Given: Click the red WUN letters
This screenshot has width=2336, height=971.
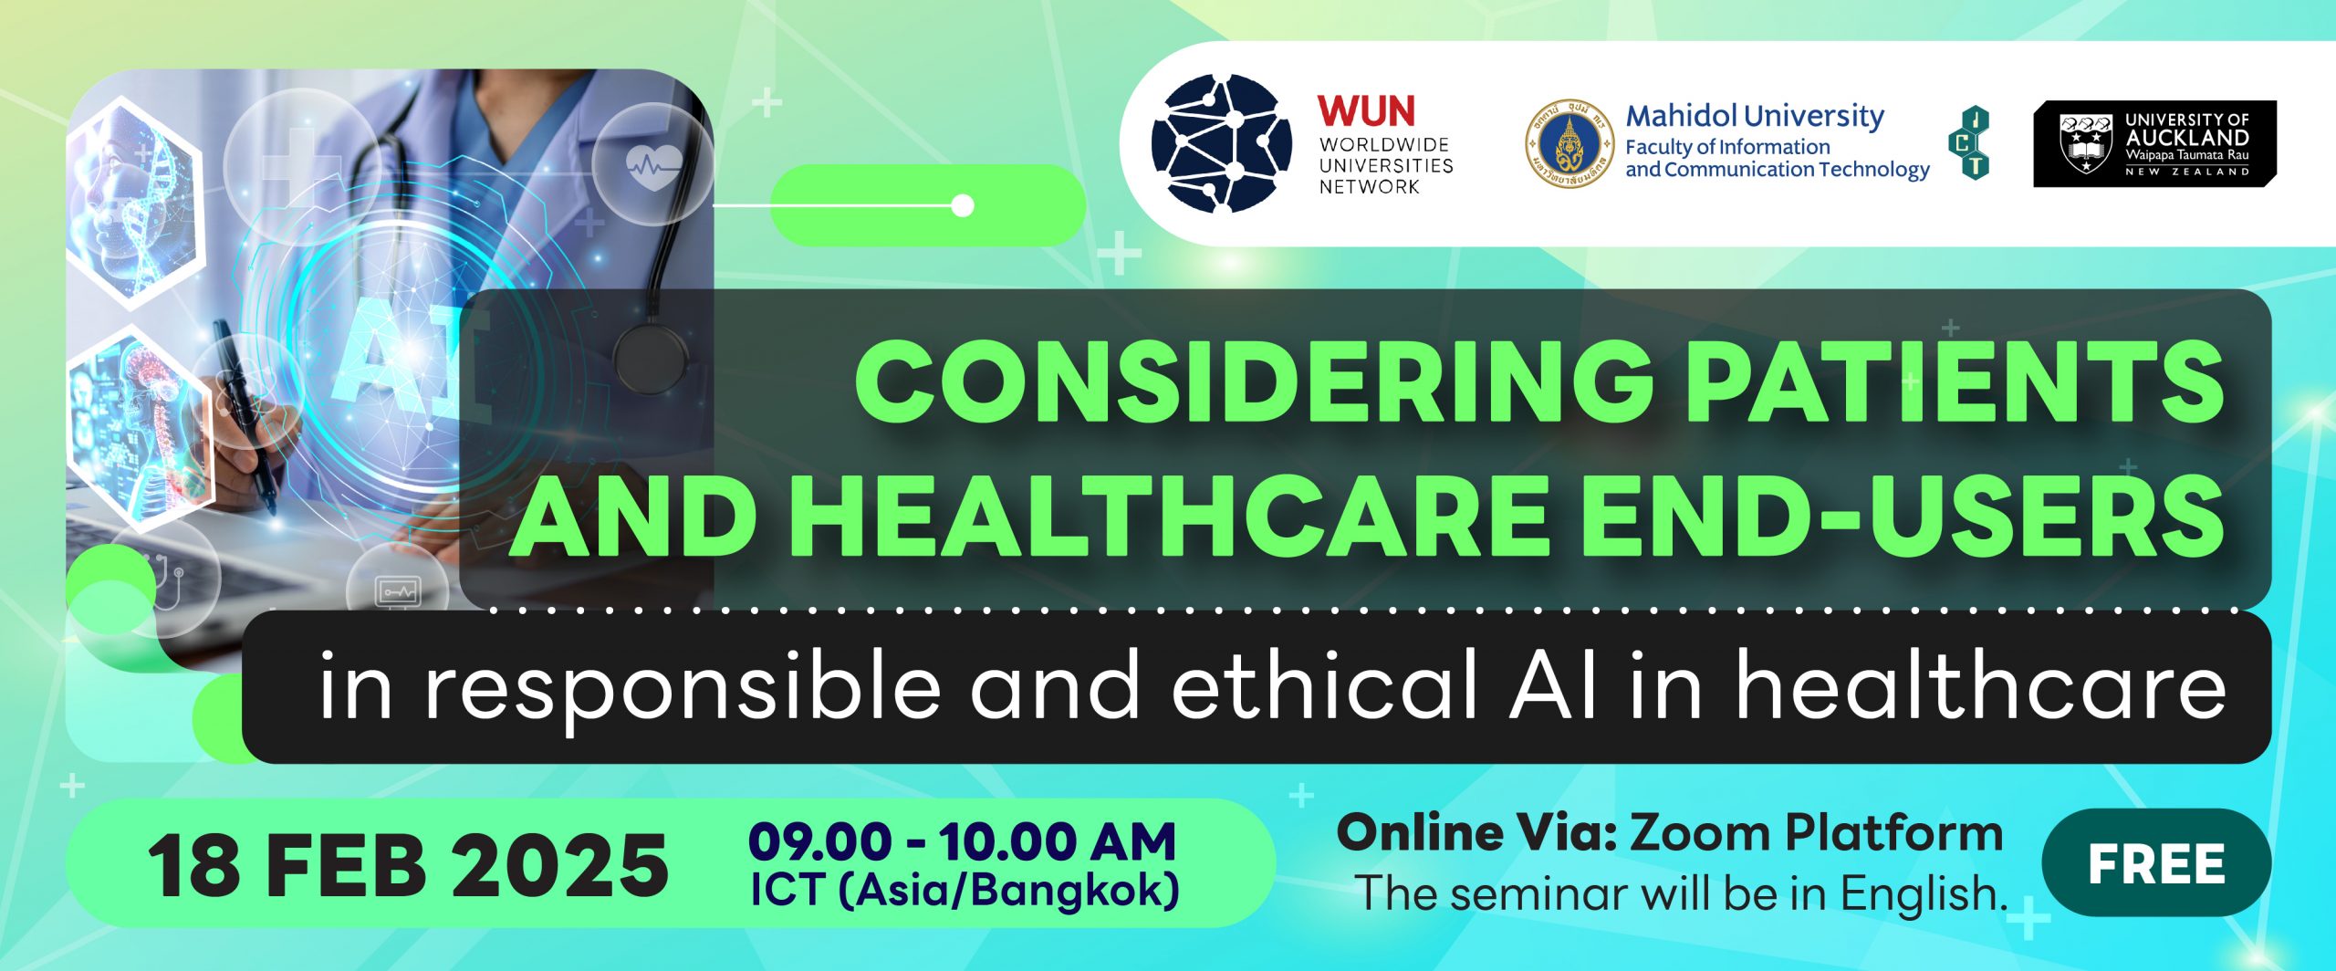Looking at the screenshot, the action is [x=1366, y=111].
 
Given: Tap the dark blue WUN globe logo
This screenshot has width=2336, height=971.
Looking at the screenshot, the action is [x=1222, y=143].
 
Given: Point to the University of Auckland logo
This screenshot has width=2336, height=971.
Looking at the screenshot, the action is [x=2154, y=144].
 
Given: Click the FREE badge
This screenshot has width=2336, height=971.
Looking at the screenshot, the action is [x=2157, y=863].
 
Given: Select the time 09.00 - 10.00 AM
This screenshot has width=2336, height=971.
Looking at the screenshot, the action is [x=963, y=840].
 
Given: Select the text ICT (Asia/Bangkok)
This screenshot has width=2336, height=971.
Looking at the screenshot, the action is [x=965, y=891].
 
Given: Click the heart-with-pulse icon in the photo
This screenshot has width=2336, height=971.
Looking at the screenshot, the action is [x=653, y=166].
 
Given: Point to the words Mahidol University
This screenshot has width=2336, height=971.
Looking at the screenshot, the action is [x=1755, y=116].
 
